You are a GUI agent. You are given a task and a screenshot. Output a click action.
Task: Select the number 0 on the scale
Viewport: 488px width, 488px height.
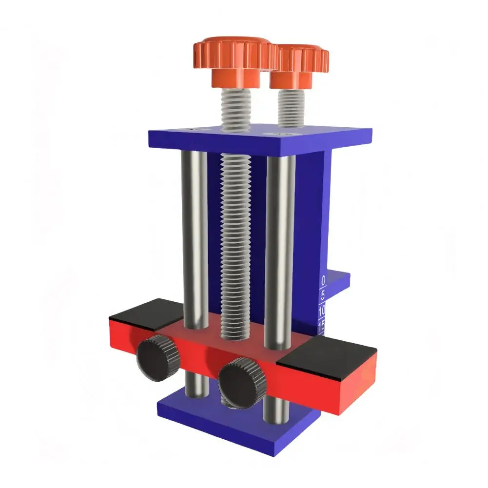pos(323,281)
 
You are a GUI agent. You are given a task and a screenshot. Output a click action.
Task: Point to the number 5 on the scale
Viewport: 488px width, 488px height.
pos(323,295)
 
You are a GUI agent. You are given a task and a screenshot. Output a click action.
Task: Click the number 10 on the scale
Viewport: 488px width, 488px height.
pos(322,311)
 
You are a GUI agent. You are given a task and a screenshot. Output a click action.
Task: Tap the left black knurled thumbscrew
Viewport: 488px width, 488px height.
pos(157,358)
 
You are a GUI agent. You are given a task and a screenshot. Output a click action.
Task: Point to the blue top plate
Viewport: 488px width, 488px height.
pos(258,139)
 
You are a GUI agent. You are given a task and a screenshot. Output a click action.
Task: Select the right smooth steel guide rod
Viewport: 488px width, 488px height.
pos(280,249)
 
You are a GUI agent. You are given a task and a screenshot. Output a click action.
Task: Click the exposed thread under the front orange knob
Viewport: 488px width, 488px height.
pos(236,107)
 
